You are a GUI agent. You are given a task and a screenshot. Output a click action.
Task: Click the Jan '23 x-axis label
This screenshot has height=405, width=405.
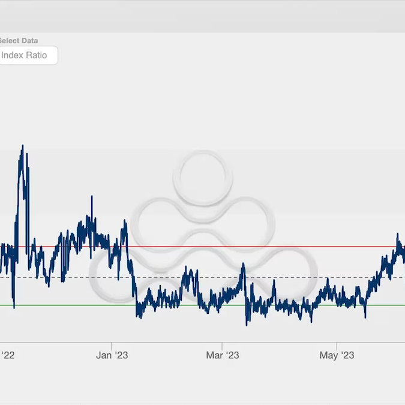tap(112, 355)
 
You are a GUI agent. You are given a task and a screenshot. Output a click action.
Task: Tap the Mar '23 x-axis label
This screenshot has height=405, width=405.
tap(222, 355)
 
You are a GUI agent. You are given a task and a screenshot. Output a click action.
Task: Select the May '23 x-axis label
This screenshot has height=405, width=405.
tap(337, 355)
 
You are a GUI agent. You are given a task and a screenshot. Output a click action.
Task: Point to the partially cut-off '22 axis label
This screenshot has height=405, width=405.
tap(7, 355)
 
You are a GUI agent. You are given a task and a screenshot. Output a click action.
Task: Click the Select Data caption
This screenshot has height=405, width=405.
tap(18, 41)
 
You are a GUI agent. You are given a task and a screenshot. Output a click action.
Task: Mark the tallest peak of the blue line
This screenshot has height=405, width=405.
tap(23, 146)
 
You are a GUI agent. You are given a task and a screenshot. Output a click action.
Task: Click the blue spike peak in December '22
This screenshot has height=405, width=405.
tap(92, 196)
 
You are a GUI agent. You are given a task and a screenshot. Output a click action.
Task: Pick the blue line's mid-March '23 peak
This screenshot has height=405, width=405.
tap(243, 263)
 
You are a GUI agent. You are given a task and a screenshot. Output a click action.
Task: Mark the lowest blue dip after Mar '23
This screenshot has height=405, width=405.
tap(247, 325)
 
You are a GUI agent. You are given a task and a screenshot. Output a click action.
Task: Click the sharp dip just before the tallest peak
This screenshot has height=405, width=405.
tap(13, 307)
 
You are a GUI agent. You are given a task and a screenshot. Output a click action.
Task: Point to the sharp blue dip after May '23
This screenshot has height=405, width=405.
tap(365, 317)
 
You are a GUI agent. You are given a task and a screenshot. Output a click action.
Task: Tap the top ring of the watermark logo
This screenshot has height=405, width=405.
tap(203, 178)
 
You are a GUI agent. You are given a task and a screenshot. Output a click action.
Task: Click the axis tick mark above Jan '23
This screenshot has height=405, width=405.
tap(112, 345)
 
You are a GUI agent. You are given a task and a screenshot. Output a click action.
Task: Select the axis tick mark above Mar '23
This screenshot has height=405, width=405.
tap(222, 345)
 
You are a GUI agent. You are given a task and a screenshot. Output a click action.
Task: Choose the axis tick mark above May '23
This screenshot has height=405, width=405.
tap(337, 345)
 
